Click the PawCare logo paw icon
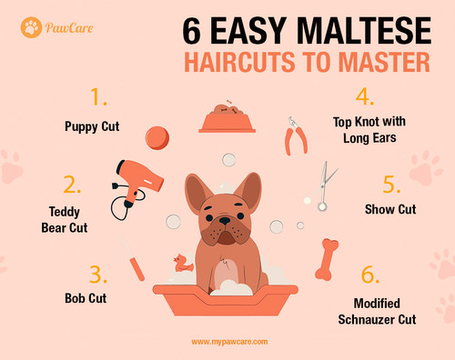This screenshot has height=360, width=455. coord(31,27)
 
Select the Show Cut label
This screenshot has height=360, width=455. coord(391,209)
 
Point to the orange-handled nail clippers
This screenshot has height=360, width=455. coord(294,136)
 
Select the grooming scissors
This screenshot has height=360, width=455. coord(326,185)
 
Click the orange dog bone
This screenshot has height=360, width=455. coord(330,258)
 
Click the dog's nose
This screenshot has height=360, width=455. coord(223,220)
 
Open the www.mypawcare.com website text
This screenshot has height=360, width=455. coord(227,342)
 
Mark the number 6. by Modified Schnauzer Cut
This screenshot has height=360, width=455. coord(369,274)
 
